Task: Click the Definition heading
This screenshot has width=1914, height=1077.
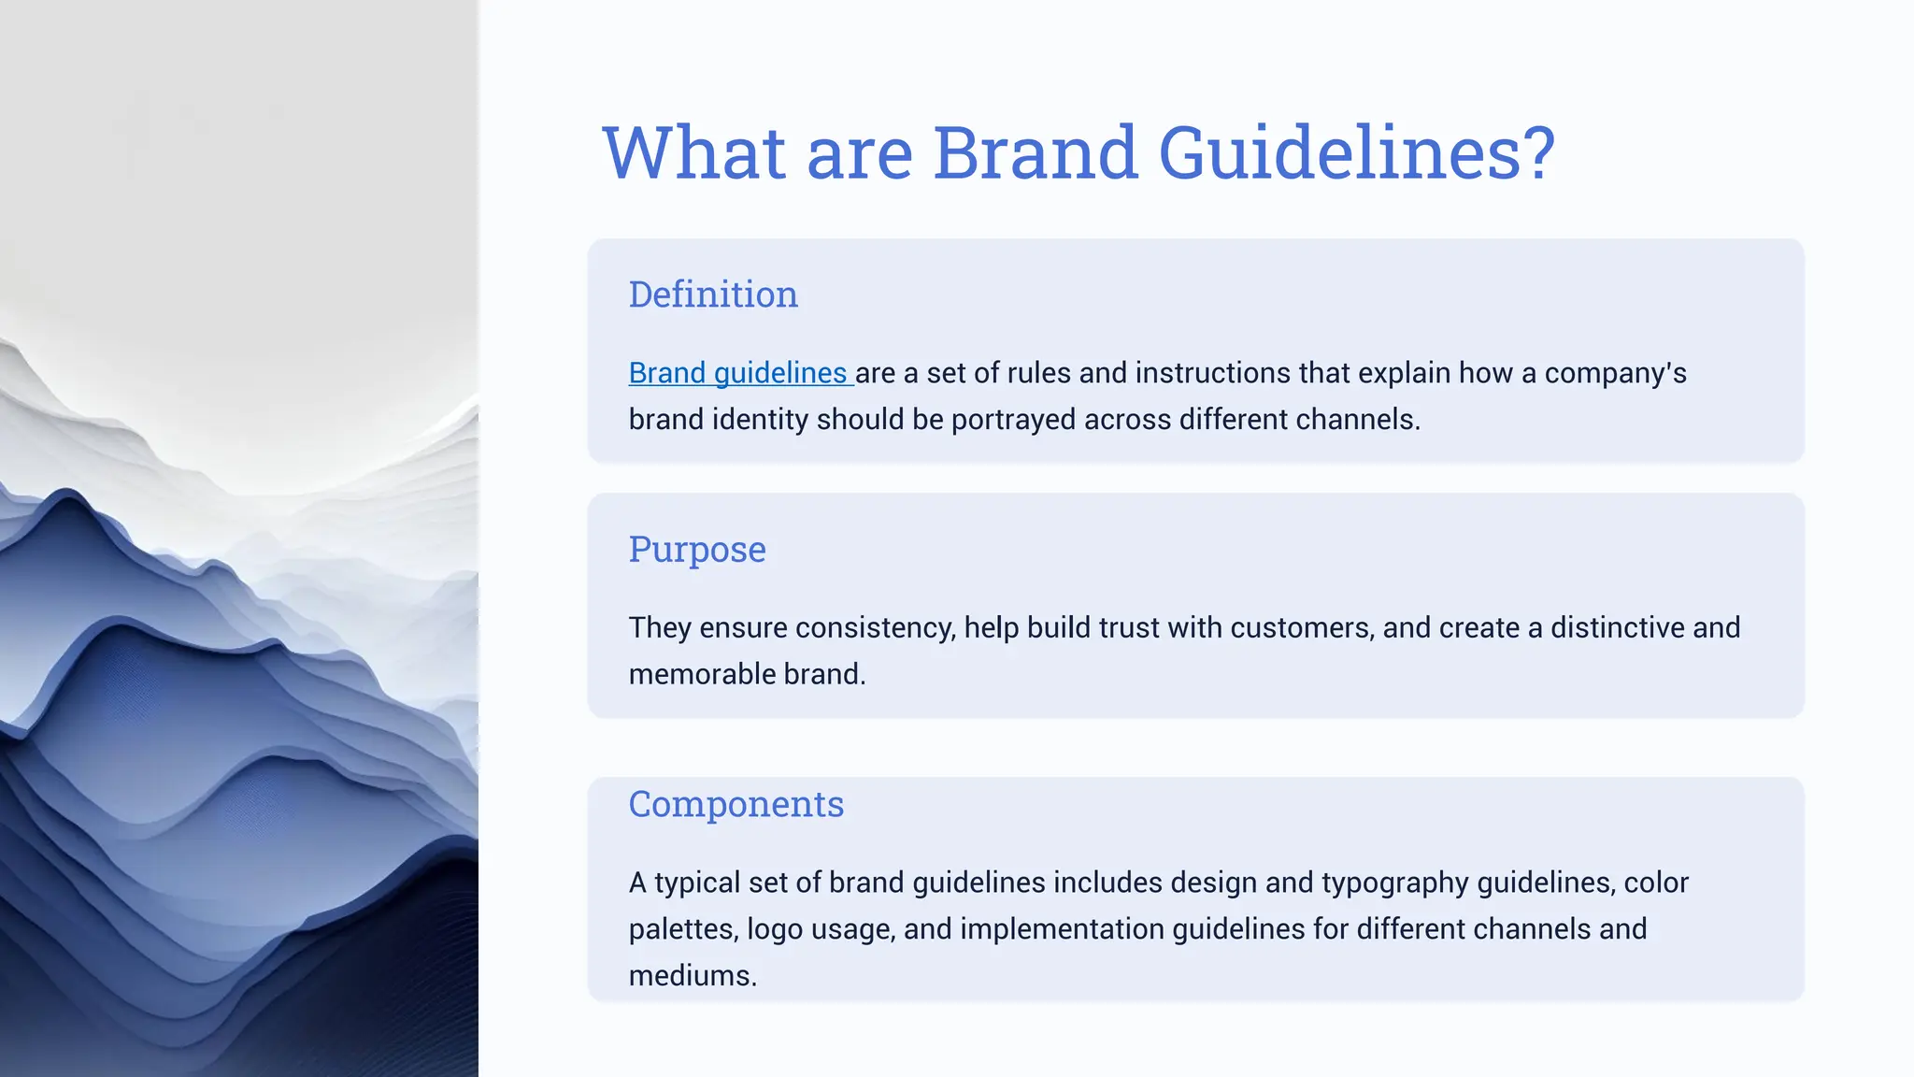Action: [713, 294]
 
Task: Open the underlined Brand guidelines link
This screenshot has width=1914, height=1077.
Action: [738, 373]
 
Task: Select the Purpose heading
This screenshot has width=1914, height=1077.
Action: [697, 549]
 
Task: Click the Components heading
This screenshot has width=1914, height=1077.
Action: [736, 804]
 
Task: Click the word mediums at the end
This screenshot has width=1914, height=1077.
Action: [692, 976]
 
